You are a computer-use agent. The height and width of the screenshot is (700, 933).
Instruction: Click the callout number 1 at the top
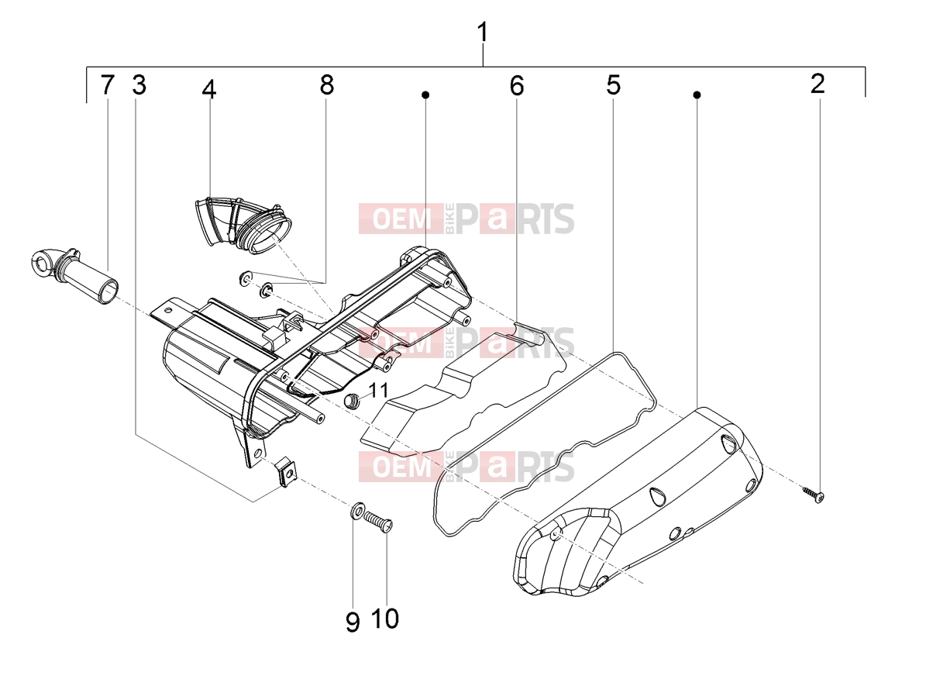click(x=483, y=33)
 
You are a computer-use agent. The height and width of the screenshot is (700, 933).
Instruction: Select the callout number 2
click(x=818, y=84)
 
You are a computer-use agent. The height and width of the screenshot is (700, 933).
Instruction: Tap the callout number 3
click(x=139, y=84)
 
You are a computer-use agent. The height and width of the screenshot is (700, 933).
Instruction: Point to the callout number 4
click(x=209, y=89)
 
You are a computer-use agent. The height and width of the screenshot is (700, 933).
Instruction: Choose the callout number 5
click(x=613, y=84)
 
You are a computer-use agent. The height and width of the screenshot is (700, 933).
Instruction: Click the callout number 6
click(x=517, y=85)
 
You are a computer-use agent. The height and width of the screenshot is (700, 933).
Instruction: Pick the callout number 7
click(x=108, y=84)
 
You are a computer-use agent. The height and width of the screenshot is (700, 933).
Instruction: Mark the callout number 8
click(x=326, y=84)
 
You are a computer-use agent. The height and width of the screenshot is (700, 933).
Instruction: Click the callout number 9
click(x=353, y=622)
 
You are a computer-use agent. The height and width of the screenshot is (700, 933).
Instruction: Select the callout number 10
click(x=385, y=619)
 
